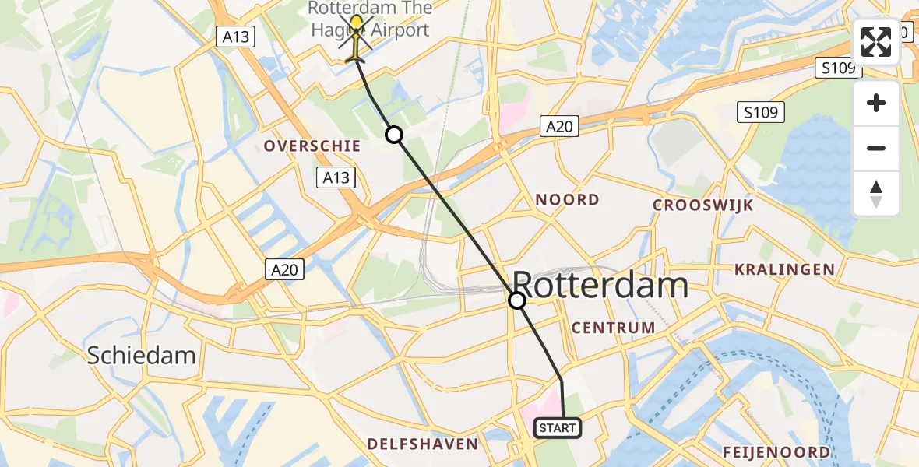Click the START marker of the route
coord(557,428)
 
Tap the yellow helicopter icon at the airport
coord(357,36)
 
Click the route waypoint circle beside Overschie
coord(394,135)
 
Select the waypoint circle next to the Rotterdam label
coord(516,300)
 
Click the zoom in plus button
coord(876,104)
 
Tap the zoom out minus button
coord(876,148)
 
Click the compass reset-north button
coord(876,193)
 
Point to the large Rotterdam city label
coord(600,286)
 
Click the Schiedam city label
coord(141,356)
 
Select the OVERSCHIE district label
coord(312,146)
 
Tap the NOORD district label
coord(567,200)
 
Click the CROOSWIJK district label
coord(703,205)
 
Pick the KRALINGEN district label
coord(784,270)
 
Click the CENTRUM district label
coord(613,328)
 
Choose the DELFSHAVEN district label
coord(423,444)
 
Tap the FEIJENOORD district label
coord(776,452)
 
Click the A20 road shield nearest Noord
coord(559,126)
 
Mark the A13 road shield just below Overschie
coord(337,178)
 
